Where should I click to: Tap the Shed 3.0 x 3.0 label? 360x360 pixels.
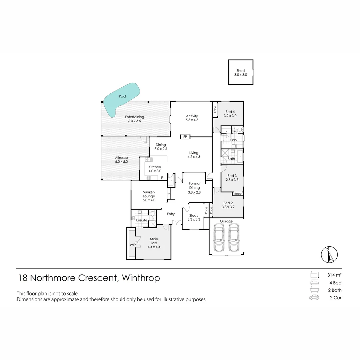(x=241, y=73)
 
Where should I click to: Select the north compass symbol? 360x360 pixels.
(x=329, y=255)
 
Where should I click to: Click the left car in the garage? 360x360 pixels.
(x=219, y=237)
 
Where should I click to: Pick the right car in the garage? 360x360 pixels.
(x=234, y=237)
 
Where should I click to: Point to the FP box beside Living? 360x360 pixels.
(x=185, y=137)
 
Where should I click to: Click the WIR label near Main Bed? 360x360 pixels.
(x=133, y=245)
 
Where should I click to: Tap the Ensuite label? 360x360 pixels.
(x=141, y=220)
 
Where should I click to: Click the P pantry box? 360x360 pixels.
(x=171, y=181)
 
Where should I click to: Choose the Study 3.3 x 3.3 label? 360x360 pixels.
(x=194, y=217)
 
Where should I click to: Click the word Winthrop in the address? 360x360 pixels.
(x=141, y=278)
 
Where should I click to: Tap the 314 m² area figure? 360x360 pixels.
(x=334, y=275)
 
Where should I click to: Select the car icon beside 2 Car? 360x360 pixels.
(x=314, y=297)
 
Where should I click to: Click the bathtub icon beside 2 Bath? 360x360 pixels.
(x=314, y=290)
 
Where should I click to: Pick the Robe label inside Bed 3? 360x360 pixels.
(x=238, y=194)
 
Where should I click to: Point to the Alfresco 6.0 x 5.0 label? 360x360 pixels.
(x=121, y=160)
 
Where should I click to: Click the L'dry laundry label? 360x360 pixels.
(x=233, y=140)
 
